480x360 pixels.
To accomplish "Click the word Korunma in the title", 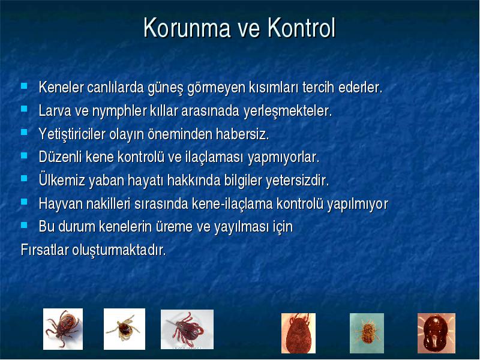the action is point(187,28).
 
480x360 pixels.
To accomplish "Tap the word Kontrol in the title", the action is point(302,28).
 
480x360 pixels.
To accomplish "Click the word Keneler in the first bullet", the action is point(61,87).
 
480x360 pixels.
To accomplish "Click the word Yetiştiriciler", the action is point(72,134).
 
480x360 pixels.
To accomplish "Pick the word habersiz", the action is point(242,134).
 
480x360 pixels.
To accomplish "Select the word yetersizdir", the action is point(297,180).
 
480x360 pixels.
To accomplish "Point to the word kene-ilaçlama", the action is point(232,203).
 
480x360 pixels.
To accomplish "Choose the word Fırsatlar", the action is point(44,250).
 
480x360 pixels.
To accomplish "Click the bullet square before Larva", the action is point(24,109).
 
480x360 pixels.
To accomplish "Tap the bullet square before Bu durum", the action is point(24,225).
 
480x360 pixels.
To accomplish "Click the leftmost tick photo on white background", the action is point(63,329).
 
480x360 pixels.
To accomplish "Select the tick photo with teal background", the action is point(367,333).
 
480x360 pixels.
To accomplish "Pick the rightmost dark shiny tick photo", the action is point(437,333).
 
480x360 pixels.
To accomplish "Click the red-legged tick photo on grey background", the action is point(187,329).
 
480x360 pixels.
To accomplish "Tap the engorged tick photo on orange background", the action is point(298,333).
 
